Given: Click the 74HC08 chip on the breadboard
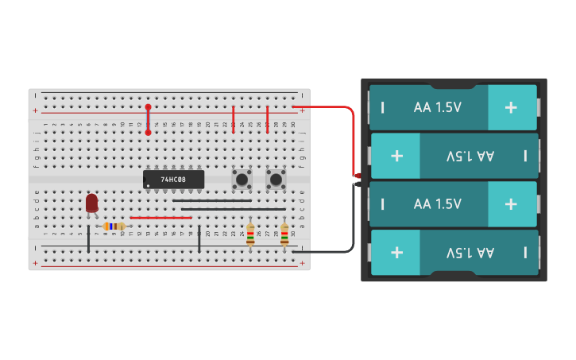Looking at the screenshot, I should [x=173, y=179].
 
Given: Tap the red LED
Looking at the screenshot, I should [x=91, y=203].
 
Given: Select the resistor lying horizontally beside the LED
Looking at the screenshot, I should [x=114, y=226].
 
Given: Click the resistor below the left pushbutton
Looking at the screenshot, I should [x=250, y=234].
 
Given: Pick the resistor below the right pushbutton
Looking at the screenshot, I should [x=284, y=234].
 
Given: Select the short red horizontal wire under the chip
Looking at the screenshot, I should [x=160, y=217].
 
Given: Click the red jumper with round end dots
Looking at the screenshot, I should [x=148, y=120].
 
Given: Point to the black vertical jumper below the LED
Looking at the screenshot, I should [x=88, y=239].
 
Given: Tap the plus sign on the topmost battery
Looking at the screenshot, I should [x=511, y=106].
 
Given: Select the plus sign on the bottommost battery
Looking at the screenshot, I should [x=396, y=253].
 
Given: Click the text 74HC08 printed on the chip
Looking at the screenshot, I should [x=173, y=180].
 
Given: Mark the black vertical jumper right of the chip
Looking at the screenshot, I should [x=199, y=239].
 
